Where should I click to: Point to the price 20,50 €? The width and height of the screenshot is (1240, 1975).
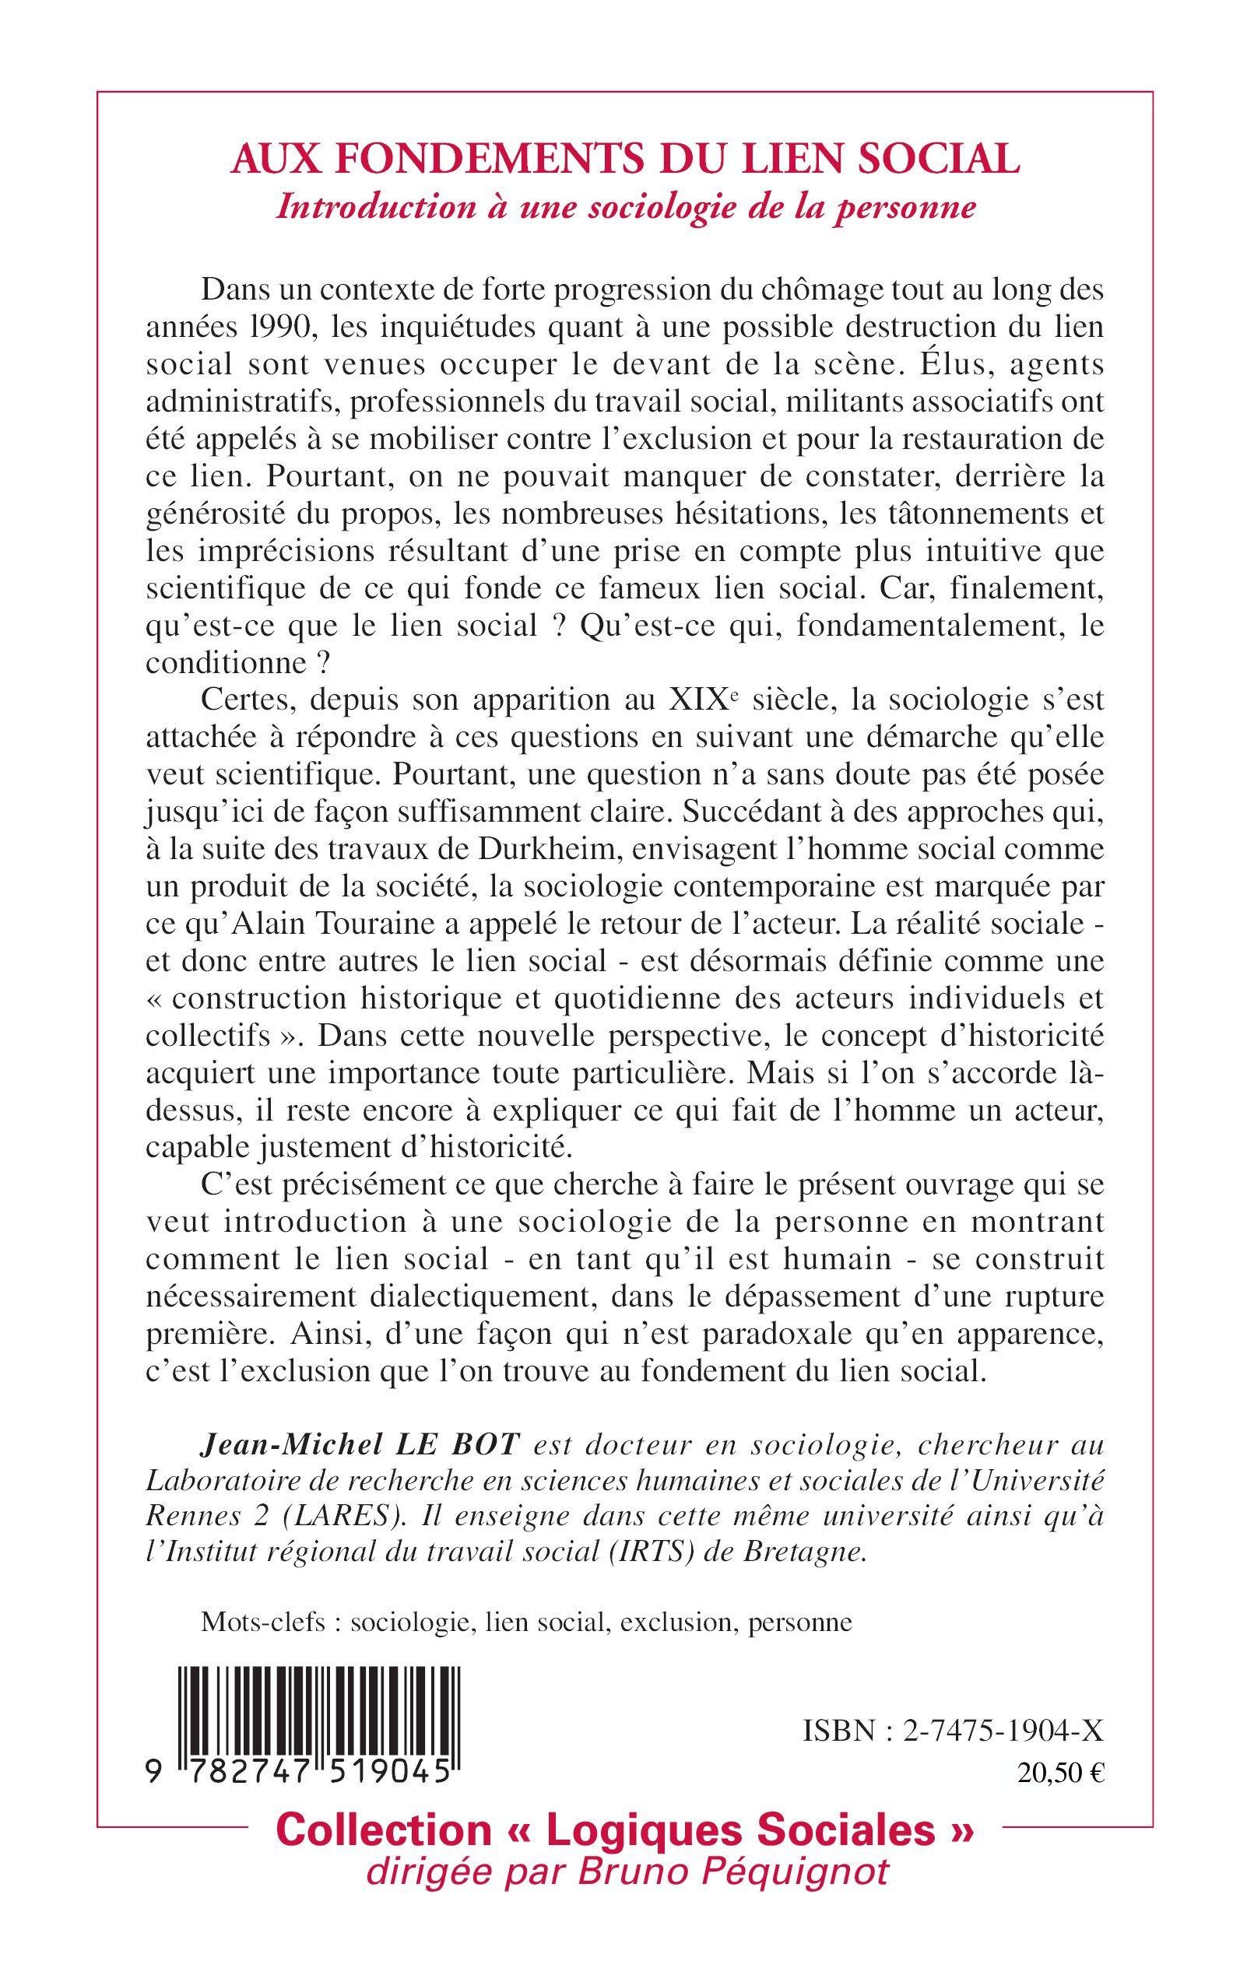(x=1060, y=1773)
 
